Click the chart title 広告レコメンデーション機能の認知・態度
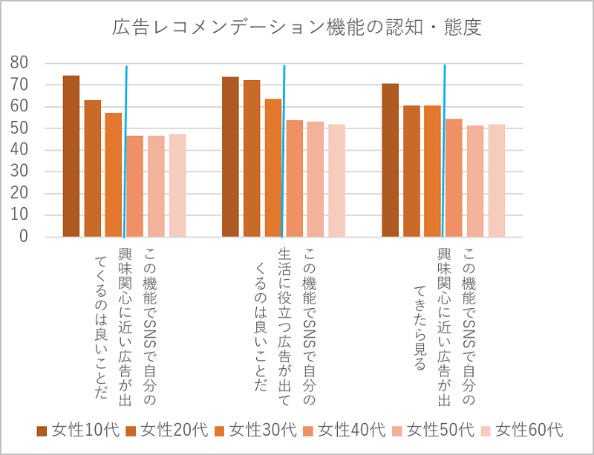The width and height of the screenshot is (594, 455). tap(297, 28)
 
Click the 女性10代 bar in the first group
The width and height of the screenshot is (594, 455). tap(71, 156)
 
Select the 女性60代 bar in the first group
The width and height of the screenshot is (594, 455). tap(177, 186)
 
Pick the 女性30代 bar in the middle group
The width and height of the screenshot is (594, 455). tap(272, 168)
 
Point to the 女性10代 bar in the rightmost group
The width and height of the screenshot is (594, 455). tap(390, 160)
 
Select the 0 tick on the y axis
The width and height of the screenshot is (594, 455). tap(25, 237)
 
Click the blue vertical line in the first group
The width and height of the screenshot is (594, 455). tap(125, 148)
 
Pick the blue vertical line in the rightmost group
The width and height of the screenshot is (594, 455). tap(443, 148)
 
